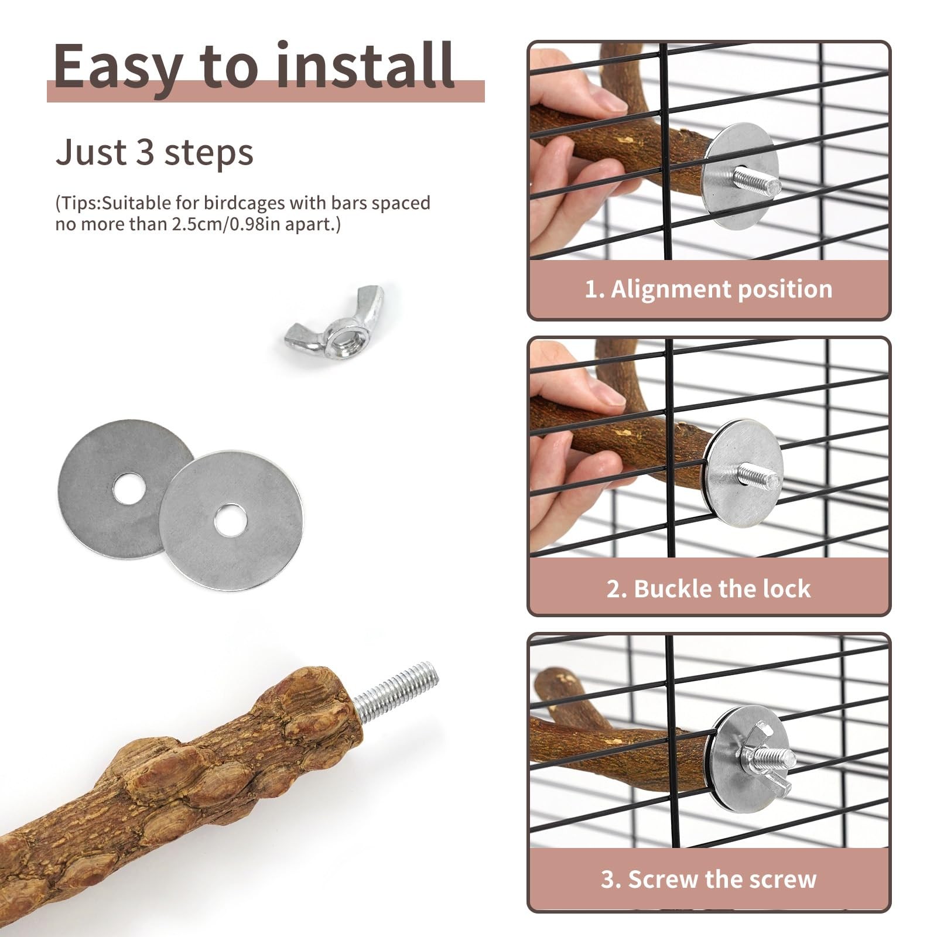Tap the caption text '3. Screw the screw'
tap(709, 879)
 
